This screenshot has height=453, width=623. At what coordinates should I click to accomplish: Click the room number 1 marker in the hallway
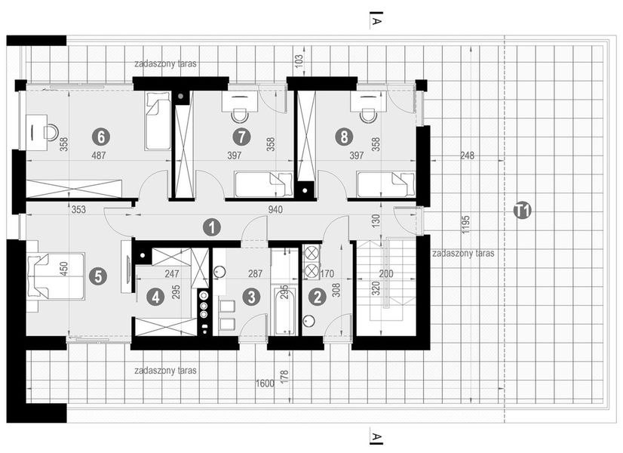tap(213, 226)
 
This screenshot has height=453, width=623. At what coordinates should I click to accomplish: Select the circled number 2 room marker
tap(318, 297)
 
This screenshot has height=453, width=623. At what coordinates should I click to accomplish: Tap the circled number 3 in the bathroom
tap(250, 297)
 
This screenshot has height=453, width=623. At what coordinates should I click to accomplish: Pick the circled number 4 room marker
tap(155, 297)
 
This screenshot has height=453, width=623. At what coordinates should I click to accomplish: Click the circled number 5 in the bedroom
tap(97, 276)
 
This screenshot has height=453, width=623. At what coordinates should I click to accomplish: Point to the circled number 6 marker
tap(100, 137)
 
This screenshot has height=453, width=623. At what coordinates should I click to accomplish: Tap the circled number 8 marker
tap(345, 137)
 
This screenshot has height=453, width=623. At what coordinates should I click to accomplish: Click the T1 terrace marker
tap(521, 211)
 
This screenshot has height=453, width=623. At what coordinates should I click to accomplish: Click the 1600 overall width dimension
tap(263, 384)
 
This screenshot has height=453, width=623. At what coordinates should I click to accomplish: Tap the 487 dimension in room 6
tap(98, 156)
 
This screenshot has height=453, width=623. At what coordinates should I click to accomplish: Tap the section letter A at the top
tap(375, 23)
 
